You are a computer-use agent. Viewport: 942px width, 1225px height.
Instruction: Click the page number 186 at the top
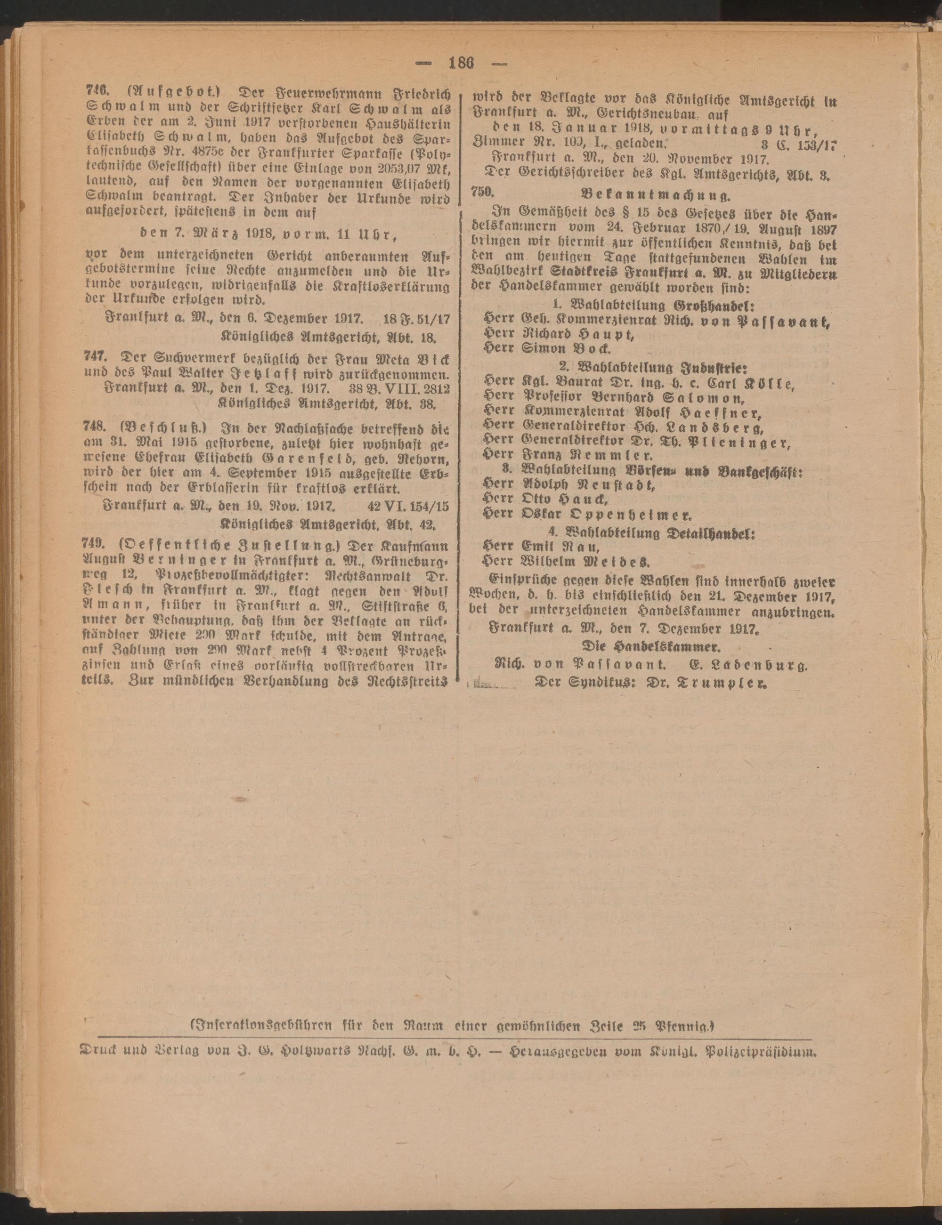pyautogui.click(x=461, y=63)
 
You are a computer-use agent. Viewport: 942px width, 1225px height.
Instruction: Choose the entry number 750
pyautogui.click(x=482, y=193)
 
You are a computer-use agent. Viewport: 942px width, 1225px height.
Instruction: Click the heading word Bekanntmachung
pyautogui.click(x=656, y=195)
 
